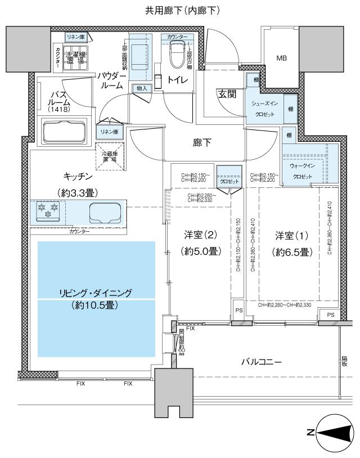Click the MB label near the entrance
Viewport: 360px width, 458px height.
[281, 58]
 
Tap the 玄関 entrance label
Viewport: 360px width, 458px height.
[227, 93]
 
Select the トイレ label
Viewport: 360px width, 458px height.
[178, 80]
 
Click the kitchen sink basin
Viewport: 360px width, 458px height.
[104, 213]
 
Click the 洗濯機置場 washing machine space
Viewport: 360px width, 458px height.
[75, 58]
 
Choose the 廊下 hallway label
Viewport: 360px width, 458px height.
[202, 143]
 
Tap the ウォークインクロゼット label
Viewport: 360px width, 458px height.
[301, 171]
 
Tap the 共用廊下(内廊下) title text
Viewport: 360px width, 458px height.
[179, 10]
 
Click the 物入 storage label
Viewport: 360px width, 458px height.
[141, 88]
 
